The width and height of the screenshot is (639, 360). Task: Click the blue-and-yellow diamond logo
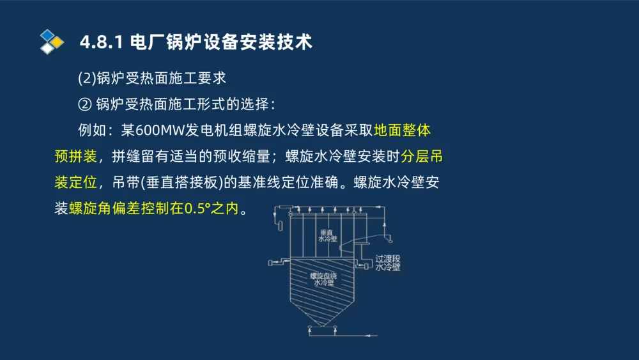click(x=51, y=42)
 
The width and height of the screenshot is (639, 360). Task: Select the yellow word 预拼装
click(x=75, y=156)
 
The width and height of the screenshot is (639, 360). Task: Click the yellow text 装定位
click(x=75, y=182)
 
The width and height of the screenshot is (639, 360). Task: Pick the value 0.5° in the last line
click(x=199, y=208)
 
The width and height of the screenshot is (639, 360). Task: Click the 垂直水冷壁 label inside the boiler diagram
click(x=327, y=235)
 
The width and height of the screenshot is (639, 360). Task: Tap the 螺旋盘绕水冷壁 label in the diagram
click(x=324, y=279)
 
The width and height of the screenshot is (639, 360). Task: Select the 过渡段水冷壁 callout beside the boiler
click(x=388, y=263)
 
